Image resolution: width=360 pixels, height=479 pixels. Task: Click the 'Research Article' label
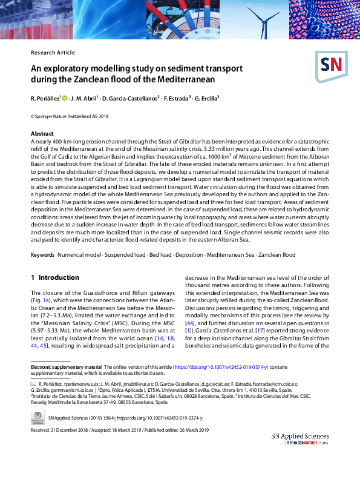[53, 53]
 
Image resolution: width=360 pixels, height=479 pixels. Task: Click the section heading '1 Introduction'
[54, 277]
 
